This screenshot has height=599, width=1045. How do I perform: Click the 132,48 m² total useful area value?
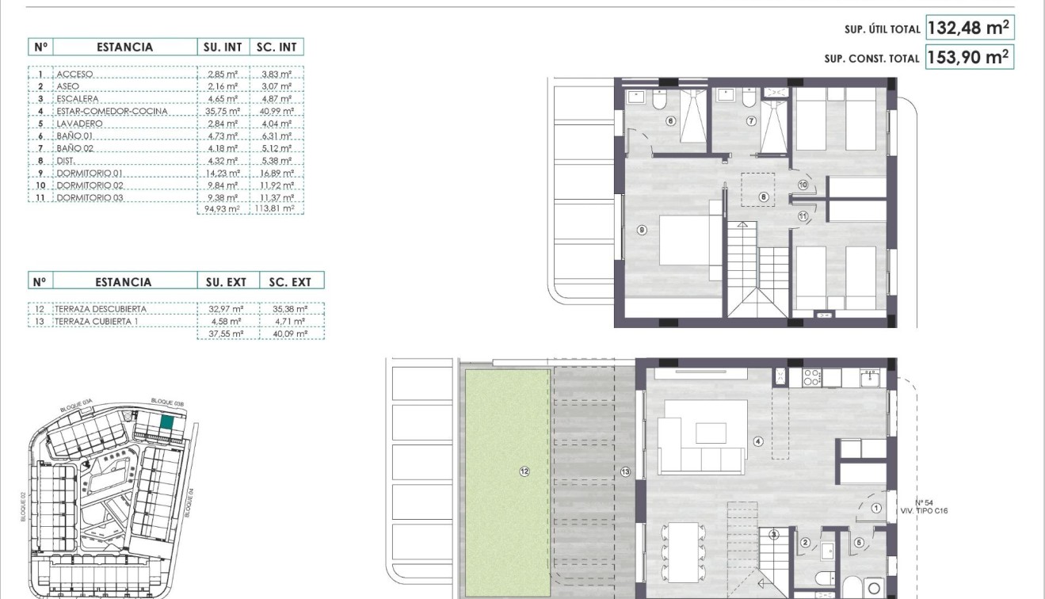coord(968,29)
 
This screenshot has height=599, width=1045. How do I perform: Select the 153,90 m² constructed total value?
coord(968,58)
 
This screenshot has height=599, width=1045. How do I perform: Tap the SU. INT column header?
coord(223,47)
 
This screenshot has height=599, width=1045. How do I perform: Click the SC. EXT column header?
coord(291,281)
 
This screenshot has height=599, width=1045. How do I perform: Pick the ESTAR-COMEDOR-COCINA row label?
coord(112,111)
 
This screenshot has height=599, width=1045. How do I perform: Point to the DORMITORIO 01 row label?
coord(90,173)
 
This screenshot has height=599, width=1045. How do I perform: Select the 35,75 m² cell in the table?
coord(222,111)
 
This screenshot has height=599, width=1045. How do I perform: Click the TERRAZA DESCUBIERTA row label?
coord(101,309)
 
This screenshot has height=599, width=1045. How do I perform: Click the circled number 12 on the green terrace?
coord(524,471)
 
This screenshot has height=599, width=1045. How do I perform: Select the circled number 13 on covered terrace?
coord(625,471)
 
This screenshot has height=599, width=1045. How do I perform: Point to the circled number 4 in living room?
coord(758,441)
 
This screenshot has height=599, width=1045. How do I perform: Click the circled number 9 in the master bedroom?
coord(642,231)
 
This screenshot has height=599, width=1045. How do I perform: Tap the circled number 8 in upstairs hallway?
coord(764,196)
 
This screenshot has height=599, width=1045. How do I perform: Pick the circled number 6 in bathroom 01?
coord(670,121)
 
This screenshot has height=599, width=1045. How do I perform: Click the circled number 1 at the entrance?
coord(876,509)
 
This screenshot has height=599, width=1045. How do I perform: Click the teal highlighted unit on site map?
coord(166,423)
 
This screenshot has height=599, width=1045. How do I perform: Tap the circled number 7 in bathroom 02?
coord(750,121)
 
